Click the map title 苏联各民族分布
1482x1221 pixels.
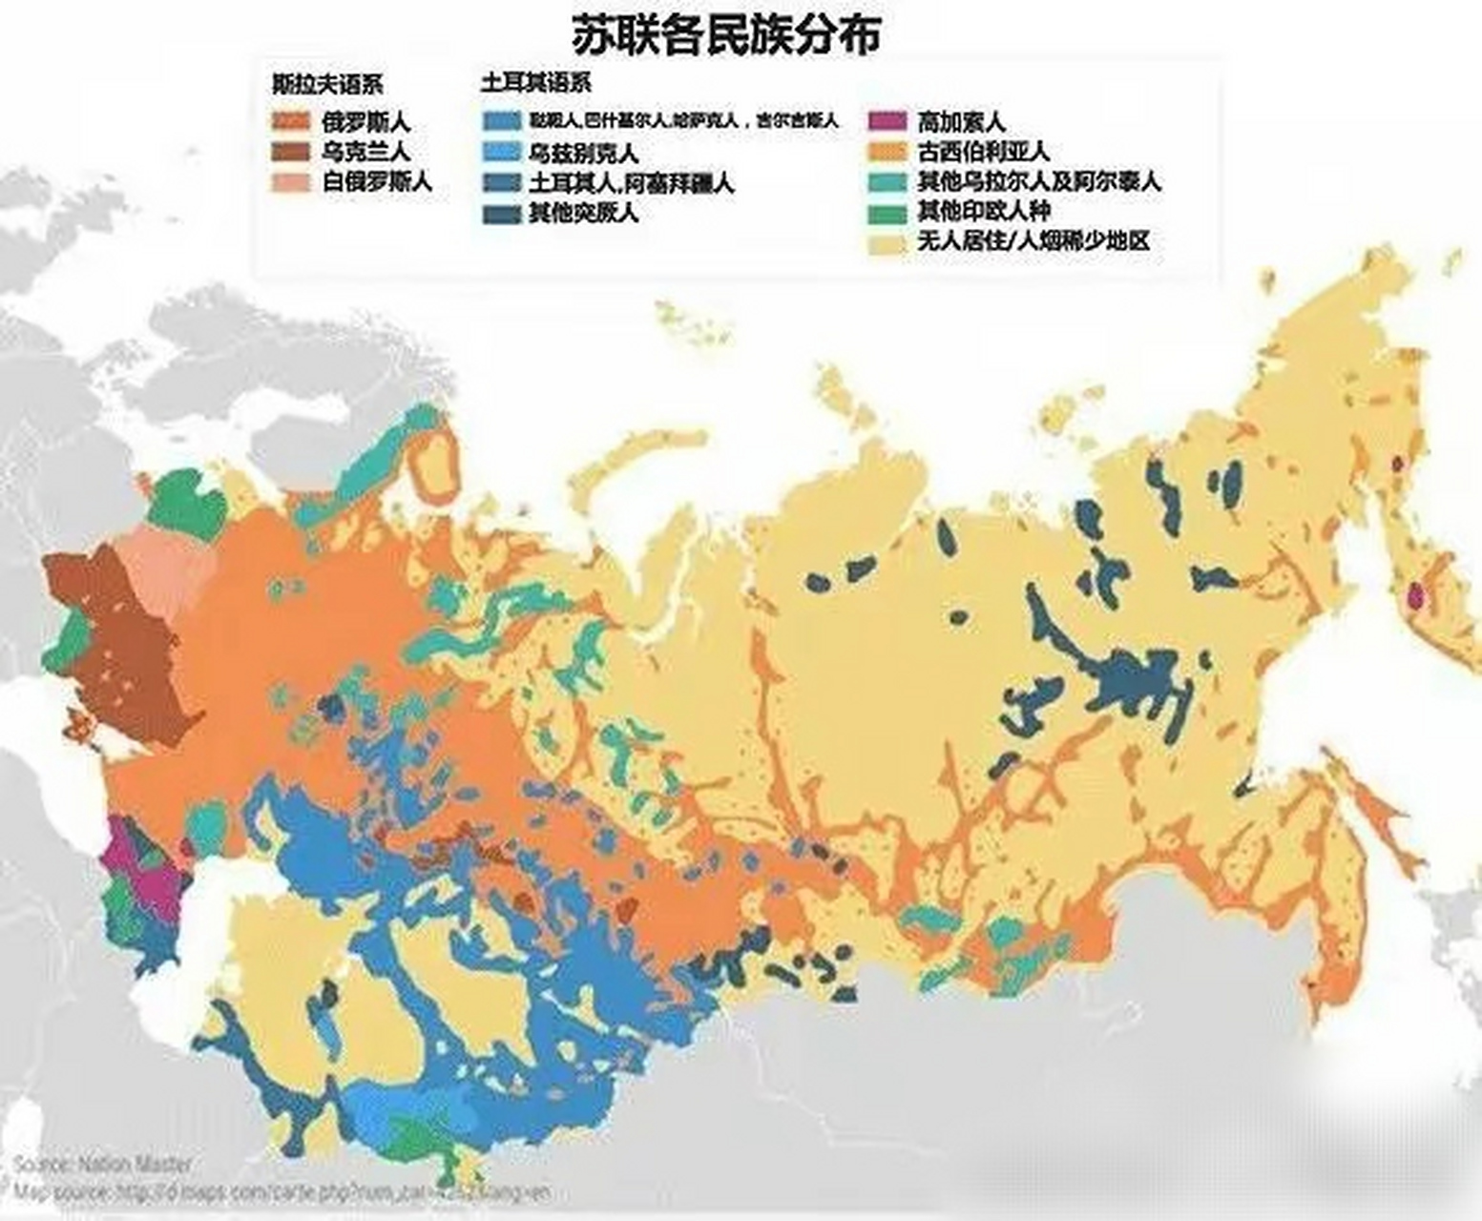(725, 35)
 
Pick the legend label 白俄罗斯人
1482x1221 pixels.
(377, 181)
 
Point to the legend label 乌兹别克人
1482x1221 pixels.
(583, 153)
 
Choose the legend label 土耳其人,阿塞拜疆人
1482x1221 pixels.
(631, 182)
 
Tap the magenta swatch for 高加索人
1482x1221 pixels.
(887, 122)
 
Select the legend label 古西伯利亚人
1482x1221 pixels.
(982, 151)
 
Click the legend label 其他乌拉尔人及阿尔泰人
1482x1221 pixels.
(1038, 181)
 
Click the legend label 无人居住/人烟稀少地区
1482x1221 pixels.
(1033, 240)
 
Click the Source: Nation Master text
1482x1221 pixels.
(102, 1165)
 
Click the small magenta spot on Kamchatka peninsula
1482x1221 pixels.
(1415, 597)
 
